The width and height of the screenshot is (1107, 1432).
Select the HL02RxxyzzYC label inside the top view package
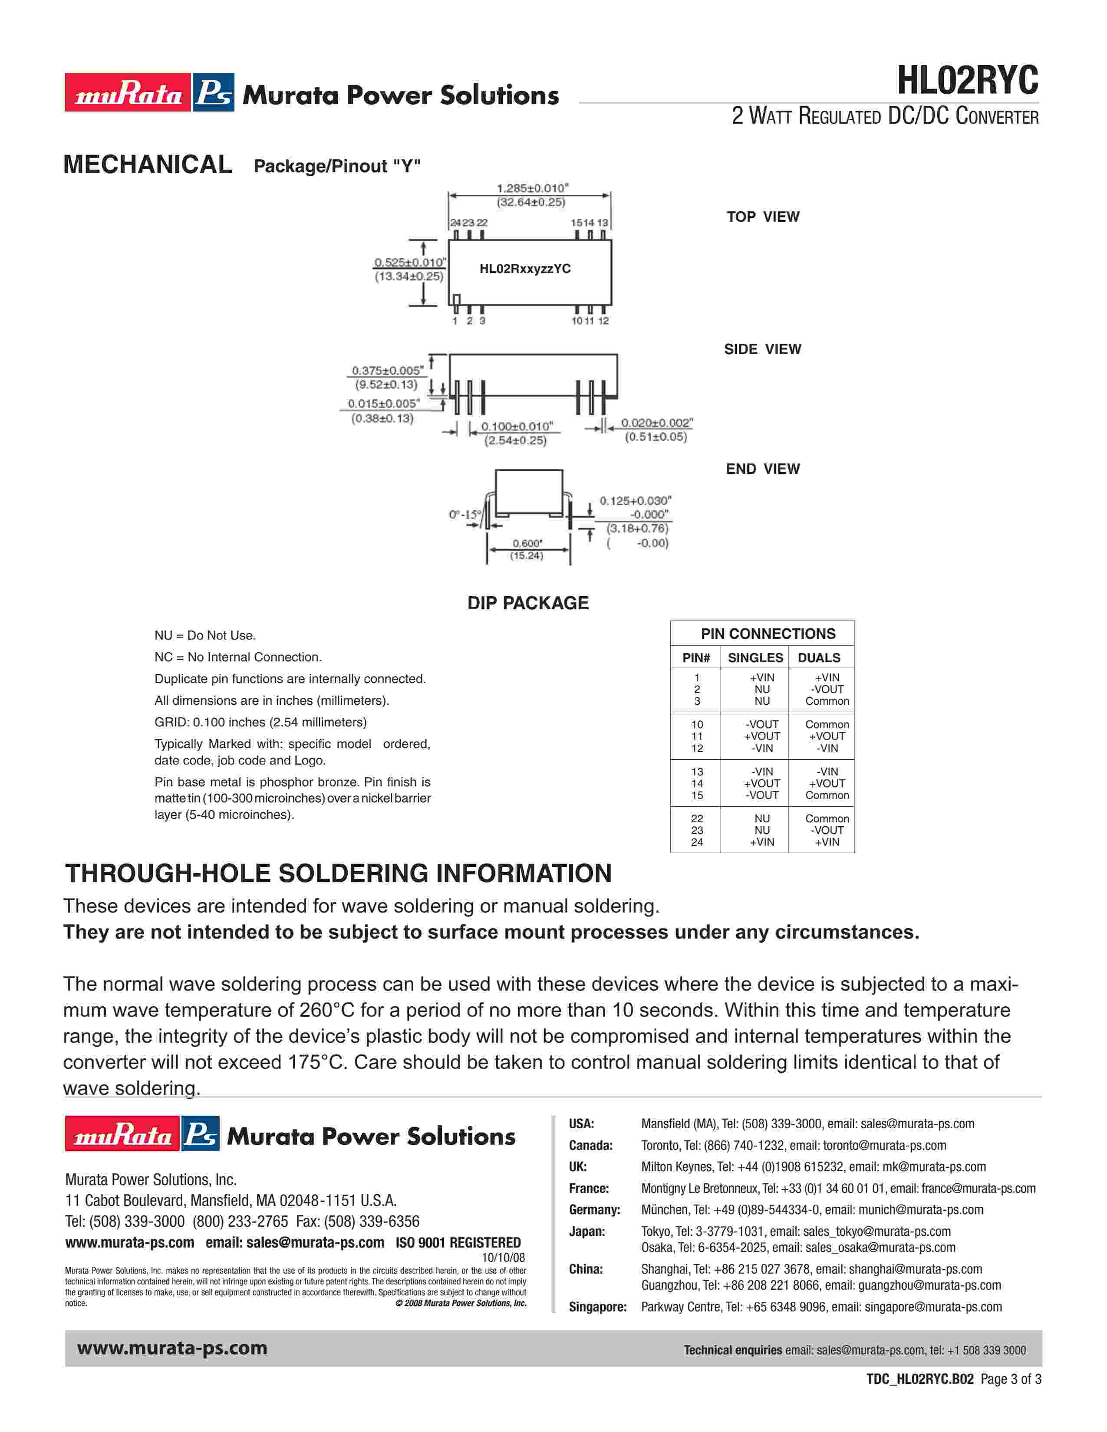coord(525,269)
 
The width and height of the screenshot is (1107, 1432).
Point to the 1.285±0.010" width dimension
coord(532,188)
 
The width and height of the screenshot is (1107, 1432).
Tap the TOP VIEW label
coord(763,217)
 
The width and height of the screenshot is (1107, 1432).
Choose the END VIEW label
coord(763,469)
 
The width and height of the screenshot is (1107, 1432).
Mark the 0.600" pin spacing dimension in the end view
coord(527,544)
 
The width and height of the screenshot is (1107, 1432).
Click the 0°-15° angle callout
coord(465,515)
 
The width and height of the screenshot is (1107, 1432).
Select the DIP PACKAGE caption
coord(528,603)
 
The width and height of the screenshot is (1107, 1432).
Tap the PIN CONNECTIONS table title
coord(768,634)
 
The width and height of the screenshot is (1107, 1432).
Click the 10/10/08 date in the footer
coord(503,1258)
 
